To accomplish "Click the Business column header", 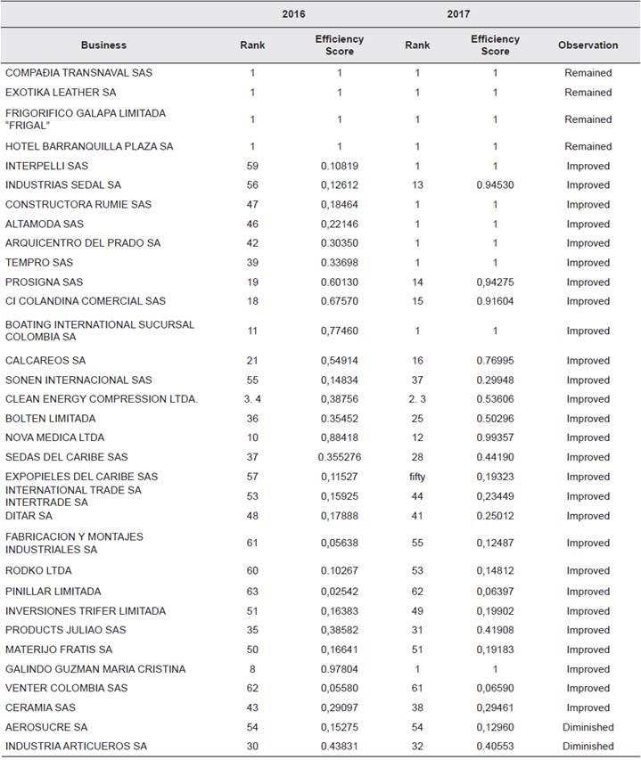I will (103, 45).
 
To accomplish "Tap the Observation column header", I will (588, 45).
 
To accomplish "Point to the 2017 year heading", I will (458, 14).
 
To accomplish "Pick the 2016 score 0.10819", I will (339, 166).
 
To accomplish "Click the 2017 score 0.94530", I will (495, 185).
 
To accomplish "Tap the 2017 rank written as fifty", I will (417, 477).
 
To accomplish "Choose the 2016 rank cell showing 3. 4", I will (253, 399).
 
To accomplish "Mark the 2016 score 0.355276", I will (339, 457).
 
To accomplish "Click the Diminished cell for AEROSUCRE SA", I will (588, 727).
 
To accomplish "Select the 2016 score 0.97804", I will (339, 669).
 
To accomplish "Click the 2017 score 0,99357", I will (495, 437).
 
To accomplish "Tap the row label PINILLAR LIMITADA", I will (53, 592).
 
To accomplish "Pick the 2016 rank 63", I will (253, 592).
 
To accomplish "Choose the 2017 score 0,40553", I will (495, 746).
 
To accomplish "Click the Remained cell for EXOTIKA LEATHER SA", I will (588, 93).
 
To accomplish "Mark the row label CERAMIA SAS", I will (41, 707).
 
